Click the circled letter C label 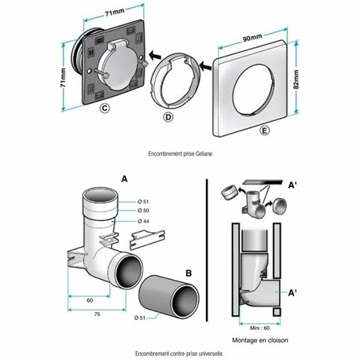(105, 108)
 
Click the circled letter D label (168, 117)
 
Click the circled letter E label (265, 130)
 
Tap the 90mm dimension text (252, 37)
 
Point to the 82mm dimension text (296, 79)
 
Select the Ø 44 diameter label (143, 222)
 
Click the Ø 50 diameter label (143, 210)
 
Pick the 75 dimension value (97, 314)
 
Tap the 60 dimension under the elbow (90, 300)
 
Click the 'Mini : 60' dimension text (259, 328)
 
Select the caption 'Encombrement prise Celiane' (180, 153)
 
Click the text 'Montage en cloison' (260, 340)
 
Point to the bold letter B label (189, 273)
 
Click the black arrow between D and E (205, 66)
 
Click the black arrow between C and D (155, 56)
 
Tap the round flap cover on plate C (117, 67)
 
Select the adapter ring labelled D (176, 80)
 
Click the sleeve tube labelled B (169, 296)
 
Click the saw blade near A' (263, 182)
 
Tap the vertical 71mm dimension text (63, 78)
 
